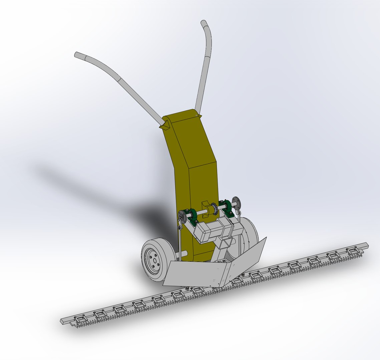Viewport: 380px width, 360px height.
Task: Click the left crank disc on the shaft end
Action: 182,217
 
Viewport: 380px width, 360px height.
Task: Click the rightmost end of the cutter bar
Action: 366,245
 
